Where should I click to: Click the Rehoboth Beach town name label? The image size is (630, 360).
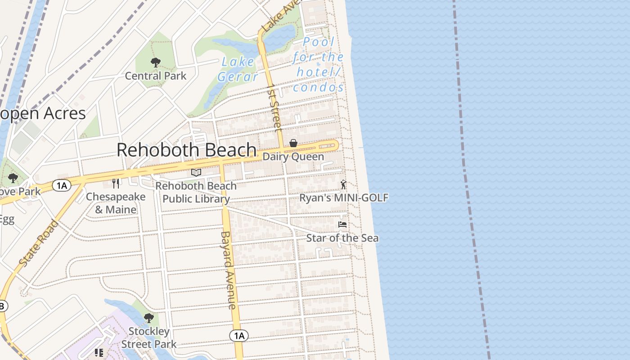(x=187, y=150)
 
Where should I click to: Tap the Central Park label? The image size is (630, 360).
(x=155, y=76)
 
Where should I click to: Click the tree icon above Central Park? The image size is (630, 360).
(x=156, y=62)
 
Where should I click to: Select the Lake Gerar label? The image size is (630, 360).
(x=238, y=69)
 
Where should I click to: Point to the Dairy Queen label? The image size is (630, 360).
(x=293, y=157)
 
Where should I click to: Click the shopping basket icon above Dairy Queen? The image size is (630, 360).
(x=293, y=143)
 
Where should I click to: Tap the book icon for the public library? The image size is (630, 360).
(x=196, y=172)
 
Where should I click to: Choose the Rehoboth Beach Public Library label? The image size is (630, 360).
(x=196, y=192)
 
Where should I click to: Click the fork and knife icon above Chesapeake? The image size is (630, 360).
(x=116, y=183)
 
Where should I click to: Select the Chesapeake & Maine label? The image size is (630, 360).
(x=116, y=203)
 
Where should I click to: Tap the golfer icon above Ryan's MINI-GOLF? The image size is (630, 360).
(x=344, y=184)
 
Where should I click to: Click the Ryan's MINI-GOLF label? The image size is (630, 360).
(x=344, y=198)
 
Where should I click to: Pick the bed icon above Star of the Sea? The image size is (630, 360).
(x=342, y=224)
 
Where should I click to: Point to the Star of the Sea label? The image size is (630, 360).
(x=342, y=238)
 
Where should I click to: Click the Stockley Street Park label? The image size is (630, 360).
(x=149, y=337)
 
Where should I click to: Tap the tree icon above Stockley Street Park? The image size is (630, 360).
(x=148, y=318)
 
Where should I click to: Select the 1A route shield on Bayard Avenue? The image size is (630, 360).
(x=239, y=335)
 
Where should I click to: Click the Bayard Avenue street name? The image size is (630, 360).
(x=229, y=270)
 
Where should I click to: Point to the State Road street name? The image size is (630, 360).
(x=39, y=243)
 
